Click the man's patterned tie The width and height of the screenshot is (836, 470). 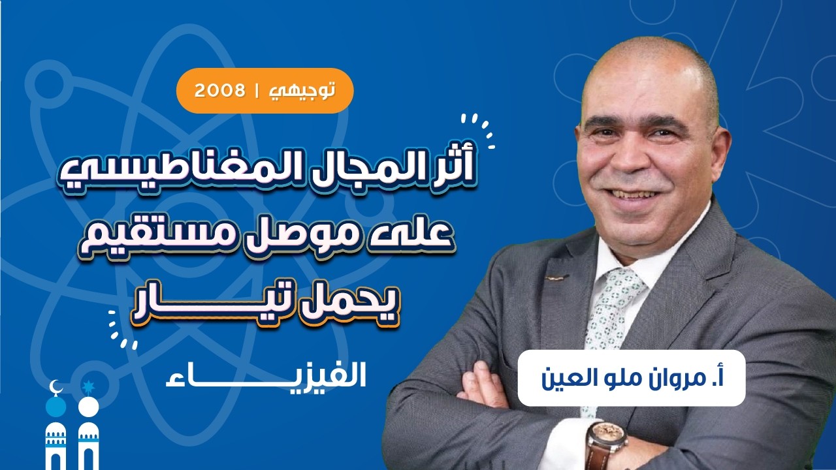tap(611, 307)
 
